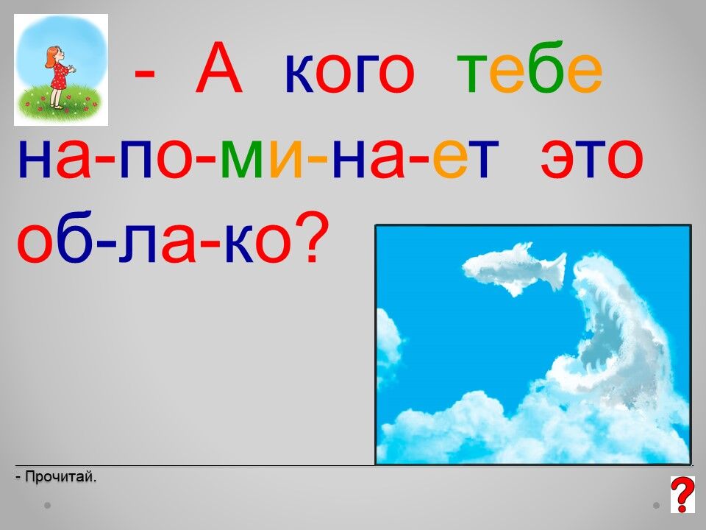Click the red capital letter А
(219, 68)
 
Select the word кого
(349, 74)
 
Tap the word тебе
(529, 68)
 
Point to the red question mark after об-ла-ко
(311, 237)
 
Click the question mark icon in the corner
(682, 495)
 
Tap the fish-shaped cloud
(514, 269)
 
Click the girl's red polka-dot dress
(60, 77)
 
